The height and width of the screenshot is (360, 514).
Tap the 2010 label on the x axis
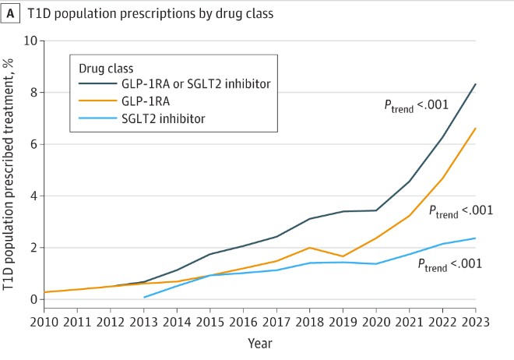pos(44,323)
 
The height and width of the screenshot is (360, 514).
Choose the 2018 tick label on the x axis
pos(310,323)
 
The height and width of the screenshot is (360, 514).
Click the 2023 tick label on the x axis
pos(475,323)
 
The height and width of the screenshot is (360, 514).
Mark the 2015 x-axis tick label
pos(210,323)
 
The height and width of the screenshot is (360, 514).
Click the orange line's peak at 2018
pos(310,248)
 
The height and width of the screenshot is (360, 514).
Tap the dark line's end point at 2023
pos(475,84)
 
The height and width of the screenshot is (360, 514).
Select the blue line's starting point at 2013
pos(144,297)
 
